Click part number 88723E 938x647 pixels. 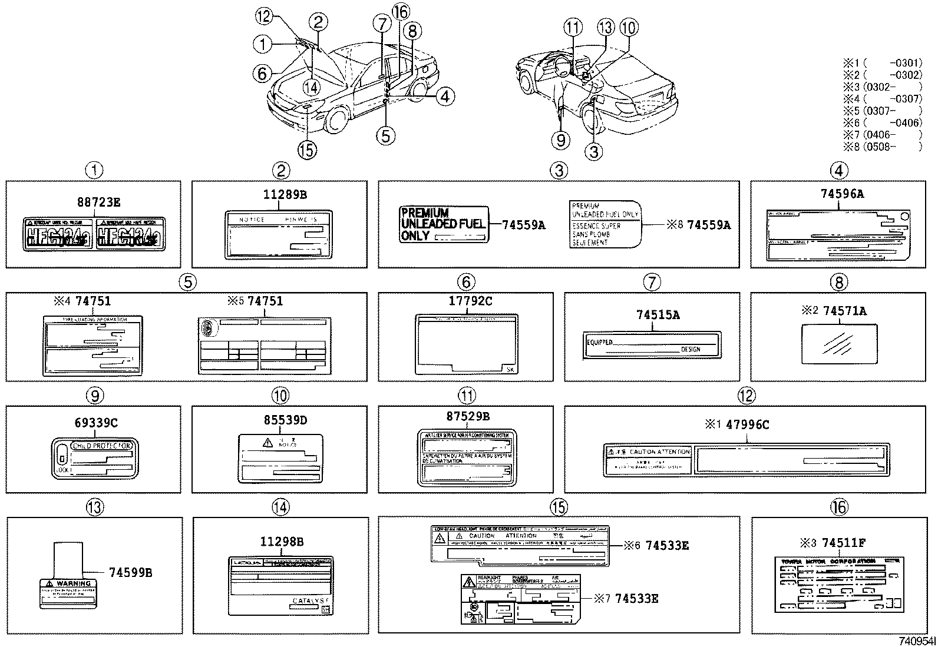[98, 202]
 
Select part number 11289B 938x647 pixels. [285, 194]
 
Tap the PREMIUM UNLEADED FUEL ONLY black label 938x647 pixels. [444, 224]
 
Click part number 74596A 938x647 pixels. [843, 194]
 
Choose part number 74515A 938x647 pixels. [658, 316]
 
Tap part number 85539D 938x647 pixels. [285, 420]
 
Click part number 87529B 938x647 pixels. [468, 417]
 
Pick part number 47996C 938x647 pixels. [748, 424]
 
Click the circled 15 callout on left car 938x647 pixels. [307, 150]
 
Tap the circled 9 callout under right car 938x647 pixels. [561, 140]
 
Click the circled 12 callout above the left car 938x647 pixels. [263, 16]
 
